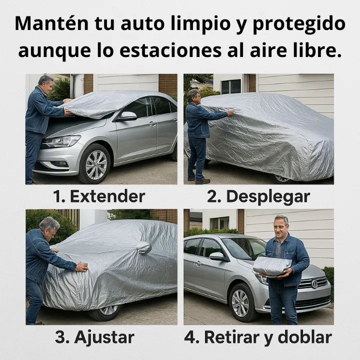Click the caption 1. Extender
click(99, 196)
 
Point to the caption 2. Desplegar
click(258, 196)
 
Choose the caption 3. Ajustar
click(94, 337)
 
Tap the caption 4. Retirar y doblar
click(257, 337)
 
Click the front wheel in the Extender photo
click(95, 164)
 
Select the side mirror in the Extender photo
click(128, 116)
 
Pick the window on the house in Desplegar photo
click(230, 86)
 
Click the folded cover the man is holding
click(272, 265)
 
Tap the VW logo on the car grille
click(314, 283)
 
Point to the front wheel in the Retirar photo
click(241, 303)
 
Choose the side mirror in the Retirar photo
click(217, 256)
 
